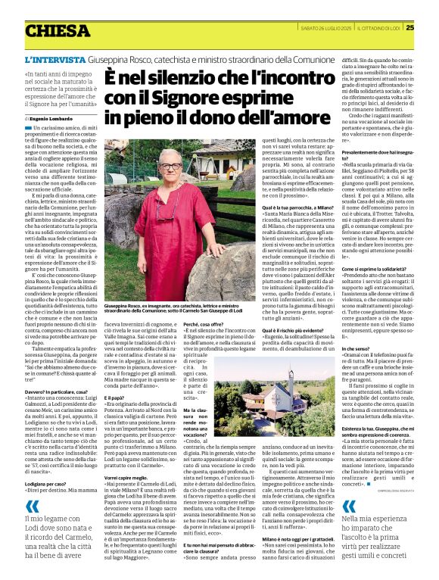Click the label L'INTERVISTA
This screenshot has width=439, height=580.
(x=54, y=59)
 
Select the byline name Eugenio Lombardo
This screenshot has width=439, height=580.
(x=54, y=120)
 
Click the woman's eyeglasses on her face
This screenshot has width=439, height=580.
(x=170, y=166)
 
